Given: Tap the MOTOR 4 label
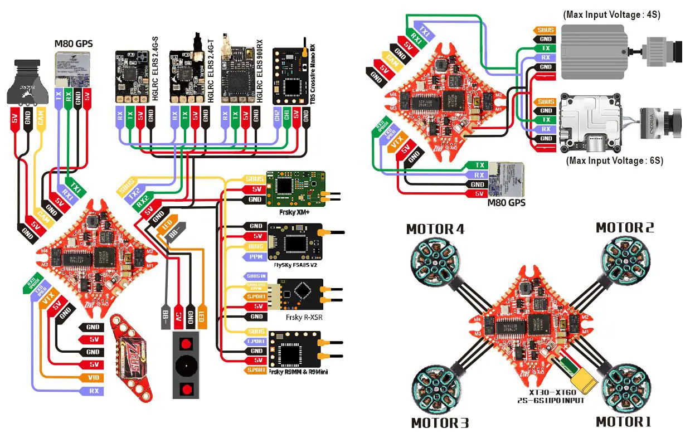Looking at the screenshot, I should coord(435,229).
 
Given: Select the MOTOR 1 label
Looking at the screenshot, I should coord(623,422).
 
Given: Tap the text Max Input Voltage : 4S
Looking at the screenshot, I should coord(611,15).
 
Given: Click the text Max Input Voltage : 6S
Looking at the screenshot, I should coord(614,160).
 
